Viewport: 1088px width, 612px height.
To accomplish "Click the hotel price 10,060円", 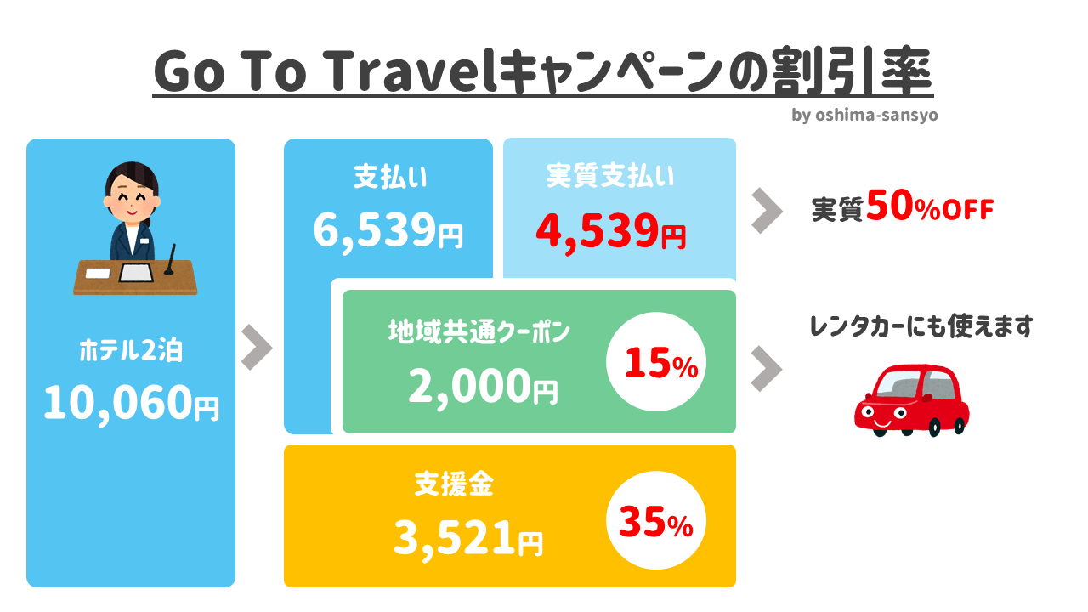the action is click(x=131, y=403).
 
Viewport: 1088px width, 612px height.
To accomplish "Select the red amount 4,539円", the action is click(x=611, y=232).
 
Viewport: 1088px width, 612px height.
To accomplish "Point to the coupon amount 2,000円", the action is click(x=483, y=387).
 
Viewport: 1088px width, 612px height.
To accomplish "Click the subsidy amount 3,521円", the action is click(x=468, y=538).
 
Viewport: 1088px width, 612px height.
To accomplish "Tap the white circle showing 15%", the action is click(x=655, y=362).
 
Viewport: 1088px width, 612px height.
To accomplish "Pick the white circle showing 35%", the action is click(x=655, y=520).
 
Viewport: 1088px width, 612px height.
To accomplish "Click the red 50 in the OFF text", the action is click(x=890, y=206).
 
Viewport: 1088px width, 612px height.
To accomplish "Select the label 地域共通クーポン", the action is click(x=479, y=331).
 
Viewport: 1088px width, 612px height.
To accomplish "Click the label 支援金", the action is click(x=454, y=484).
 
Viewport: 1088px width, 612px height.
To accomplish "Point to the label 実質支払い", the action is click(x=610, y=175).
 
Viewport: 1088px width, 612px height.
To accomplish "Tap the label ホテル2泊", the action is click(x=131, y=350).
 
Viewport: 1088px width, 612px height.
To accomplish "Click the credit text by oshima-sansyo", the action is click(x=864, y=115).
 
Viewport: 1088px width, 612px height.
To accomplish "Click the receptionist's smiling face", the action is click(x=131, y=196).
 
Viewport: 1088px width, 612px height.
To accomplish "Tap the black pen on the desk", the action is click(x=170, y=260).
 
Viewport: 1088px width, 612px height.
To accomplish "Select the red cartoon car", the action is click(x=912, y=400).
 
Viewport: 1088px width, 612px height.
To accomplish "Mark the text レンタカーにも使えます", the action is click(x=921, y=326).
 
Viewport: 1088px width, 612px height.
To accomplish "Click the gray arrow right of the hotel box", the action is click(x=257, y=348).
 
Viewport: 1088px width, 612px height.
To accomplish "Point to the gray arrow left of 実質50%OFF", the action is click(x=767, y=211).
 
